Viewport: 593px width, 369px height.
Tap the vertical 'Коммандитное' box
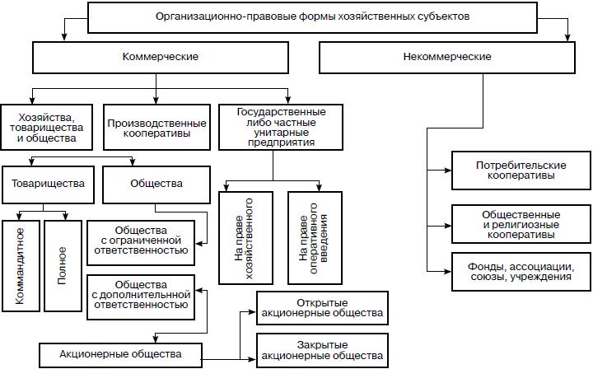tap(20, 265)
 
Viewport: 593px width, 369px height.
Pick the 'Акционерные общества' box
tap(120, 354)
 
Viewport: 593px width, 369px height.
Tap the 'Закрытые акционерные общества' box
tap(322, 350)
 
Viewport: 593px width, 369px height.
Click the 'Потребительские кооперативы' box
tap(521, 171)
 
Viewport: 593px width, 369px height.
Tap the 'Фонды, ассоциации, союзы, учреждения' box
tap(521, 273)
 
